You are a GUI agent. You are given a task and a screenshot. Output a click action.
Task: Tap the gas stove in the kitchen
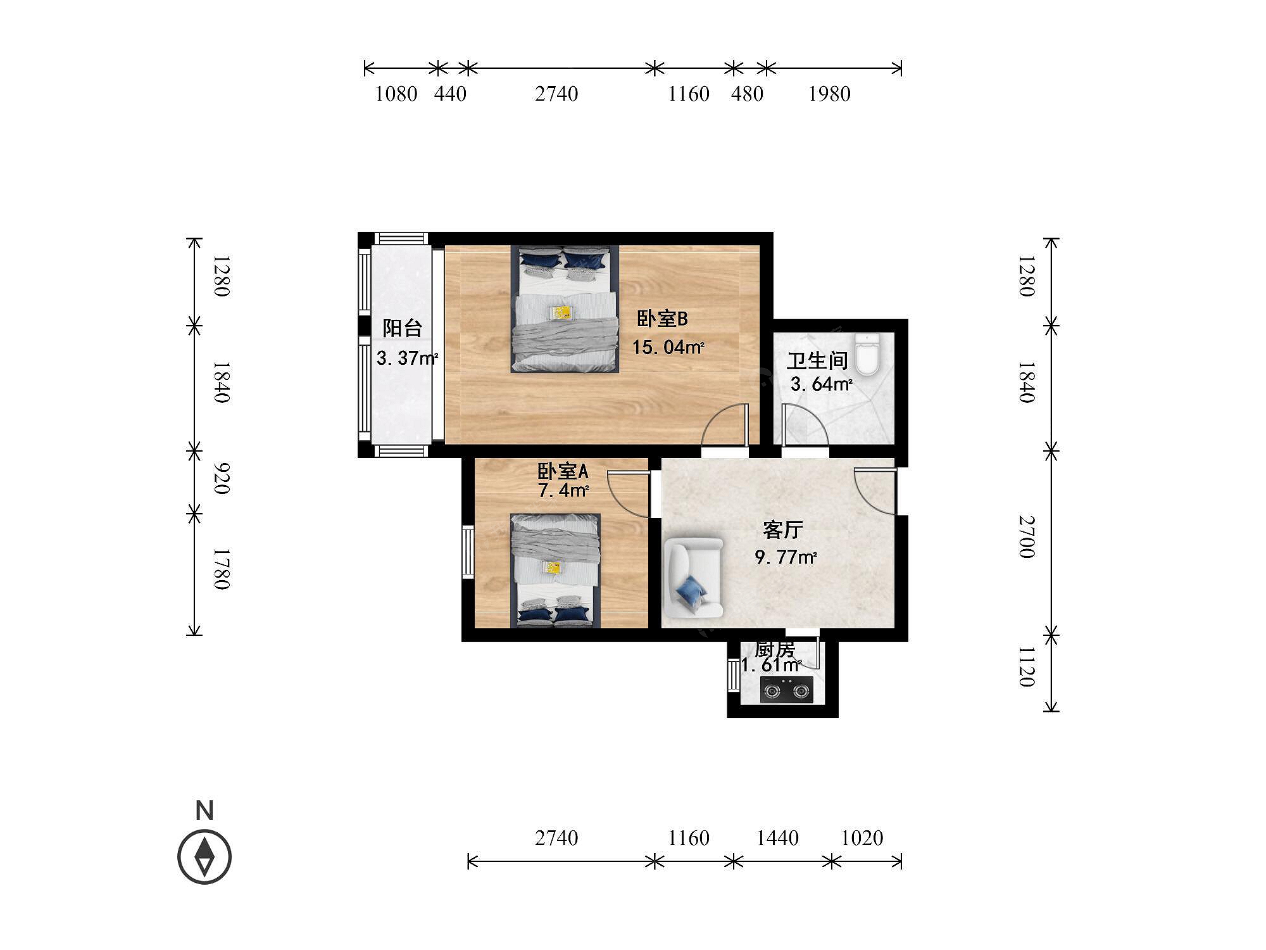coord(787,689)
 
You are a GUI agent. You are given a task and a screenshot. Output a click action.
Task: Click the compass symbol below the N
coord(204,856)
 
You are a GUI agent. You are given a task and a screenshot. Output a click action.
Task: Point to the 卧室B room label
coord(662,319)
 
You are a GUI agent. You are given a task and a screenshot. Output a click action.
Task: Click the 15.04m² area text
coord(668,347)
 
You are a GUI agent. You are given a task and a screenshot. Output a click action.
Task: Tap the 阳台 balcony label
coord(402,328)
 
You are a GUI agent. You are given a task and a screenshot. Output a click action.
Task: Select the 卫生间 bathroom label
coord(817,361)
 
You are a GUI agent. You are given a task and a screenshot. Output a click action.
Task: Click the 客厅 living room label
coord(783,529)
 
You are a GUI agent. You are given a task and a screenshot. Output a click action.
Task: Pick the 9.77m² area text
coord(786,557)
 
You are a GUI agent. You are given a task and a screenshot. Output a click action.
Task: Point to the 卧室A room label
coord(563,471)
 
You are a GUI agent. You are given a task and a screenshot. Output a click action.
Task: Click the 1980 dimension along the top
coord(829,94)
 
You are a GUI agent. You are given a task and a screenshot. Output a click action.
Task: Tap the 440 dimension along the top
coord(450,94)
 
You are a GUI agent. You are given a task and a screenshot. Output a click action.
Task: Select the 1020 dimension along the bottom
coord(862,838)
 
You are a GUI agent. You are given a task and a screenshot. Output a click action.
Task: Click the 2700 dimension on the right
coord(1027,537)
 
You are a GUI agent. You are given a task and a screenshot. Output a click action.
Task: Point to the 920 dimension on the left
coord(221,478)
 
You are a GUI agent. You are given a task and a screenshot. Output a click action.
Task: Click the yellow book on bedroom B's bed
coord(561,312)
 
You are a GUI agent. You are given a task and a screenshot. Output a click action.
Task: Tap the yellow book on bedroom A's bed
coord(553,567)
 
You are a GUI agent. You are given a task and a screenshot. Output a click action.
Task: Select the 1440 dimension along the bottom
coord(777,838)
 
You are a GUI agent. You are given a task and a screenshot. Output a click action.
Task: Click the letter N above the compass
coord(204,811)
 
